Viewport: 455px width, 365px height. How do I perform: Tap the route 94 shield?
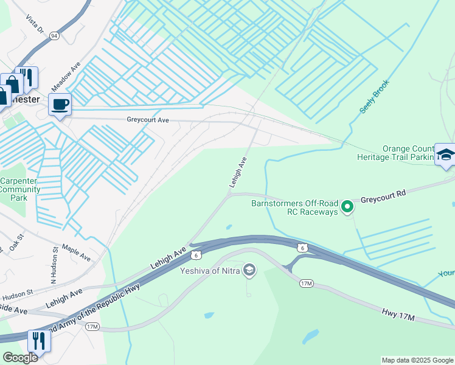[55, 35]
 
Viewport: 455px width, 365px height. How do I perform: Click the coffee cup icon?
[60, 105]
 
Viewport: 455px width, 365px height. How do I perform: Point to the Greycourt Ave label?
[147, 120]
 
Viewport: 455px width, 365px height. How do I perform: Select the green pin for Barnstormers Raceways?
[347, 207]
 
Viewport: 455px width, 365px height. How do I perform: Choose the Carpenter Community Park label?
[20, 189]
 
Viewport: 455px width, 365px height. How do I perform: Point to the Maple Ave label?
[76, 254]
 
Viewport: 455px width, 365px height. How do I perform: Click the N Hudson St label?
[54, 265]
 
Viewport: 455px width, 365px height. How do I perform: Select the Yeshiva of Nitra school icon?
[248, 270]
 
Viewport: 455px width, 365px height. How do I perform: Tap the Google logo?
[20, 358]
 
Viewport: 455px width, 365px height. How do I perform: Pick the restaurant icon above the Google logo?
[38, 341]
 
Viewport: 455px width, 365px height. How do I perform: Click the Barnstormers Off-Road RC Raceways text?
[294, 207]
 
